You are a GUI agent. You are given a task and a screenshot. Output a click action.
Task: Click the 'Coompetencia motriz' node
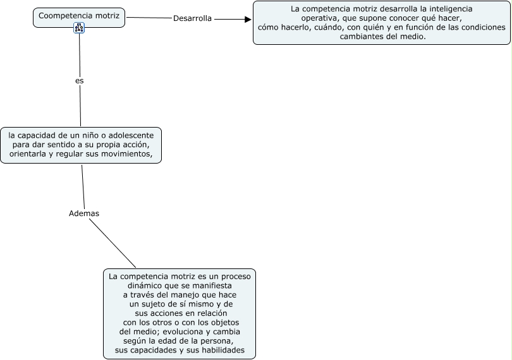point(78,15)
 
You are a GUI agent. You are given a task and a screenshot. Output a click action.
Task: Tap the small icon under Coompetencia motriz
point(79,27)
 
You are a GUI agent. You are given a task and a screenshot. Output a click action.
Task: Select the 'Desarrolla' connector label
point(192,18)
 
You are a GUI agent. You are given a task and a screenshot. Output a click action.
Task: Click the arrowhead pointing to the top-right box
point(248,19)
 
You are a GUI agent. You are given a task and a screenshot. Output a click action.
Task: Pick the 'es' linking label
point(79,81)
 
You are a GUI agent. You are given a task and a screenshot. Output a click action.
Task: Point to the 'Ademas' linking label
point(84,213)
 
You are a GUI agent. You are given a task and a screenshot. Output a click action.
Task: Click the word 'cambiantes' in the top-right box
point(362,37)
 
